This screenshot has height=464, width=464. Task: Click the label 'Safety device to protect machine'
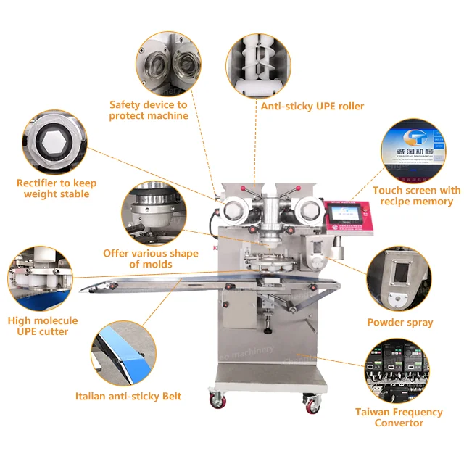click(x=149, y=110)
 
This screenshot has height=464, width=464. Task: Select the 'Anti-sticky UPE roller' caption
click(x=312, y=106)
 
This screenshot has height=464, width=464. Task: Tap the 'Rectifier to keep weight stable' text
click(x=56, y=188)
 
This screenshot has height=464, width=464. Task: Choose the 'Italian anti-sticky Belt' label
click(x=128, y=396)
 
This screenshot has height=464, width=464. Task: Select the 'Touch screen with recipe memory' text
click(x=416, y=196)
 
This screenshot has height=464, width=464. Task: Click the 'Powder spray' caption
click(x=399, y=322)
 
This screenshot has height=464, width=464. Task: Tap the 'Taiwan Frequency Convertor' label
click(x=399, y=417)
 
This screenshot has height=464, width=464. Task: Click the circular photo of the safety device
click(x=170, y=63)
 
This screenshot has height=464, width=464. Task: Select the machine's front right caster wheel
click(x=310, y=403)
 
